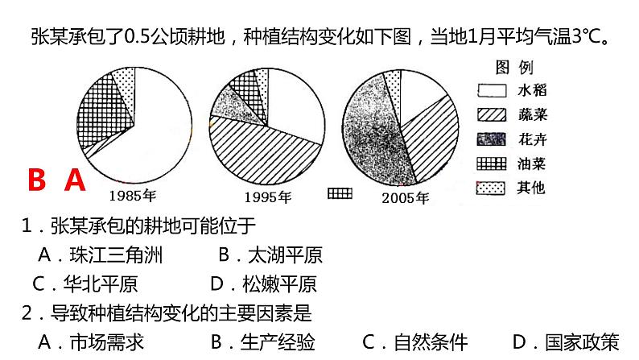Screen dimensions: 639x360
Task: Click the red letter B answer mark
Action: (36, 180)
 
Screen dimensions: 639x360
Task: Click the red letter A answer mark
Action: (75, 180)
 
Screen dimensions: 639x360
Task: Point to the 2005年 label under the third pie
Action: (406, 197)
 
